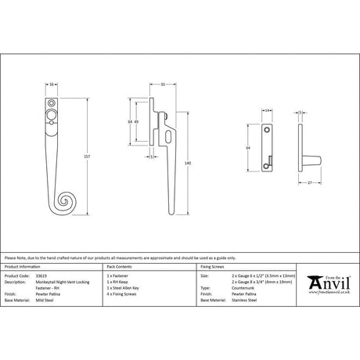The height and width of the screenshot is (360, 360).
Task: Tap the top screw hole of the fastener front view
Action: pos(52,103)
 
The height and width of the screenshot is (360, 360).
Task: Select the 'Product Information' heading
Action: pos(23,268)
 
